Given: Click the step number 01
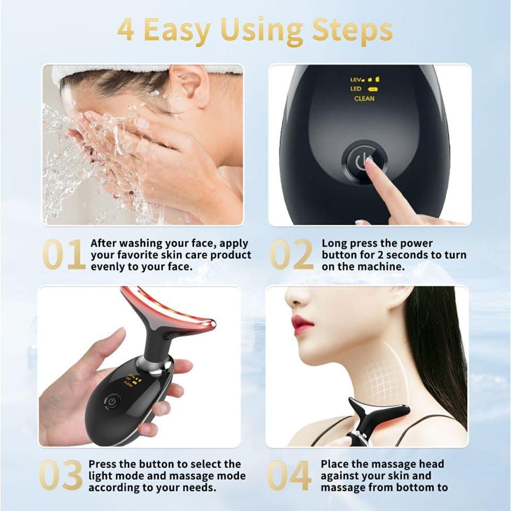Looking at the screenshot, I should pos(64,255).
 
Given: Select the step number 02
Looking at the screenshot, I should pos(292,255).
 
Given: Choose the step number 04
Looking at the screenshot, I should pos(290,475).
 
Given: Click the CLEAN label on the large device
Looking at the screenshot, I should pos(364,98).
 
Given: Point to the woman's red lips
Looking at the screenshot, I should pos(302,324).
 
